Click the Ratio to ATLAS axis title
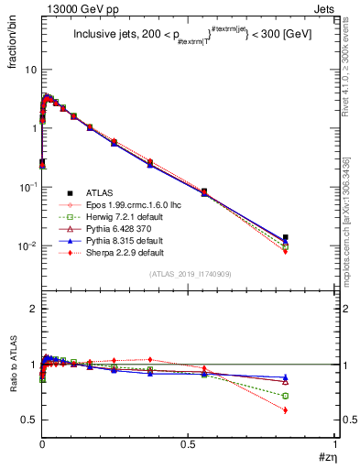click(13, 366)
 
